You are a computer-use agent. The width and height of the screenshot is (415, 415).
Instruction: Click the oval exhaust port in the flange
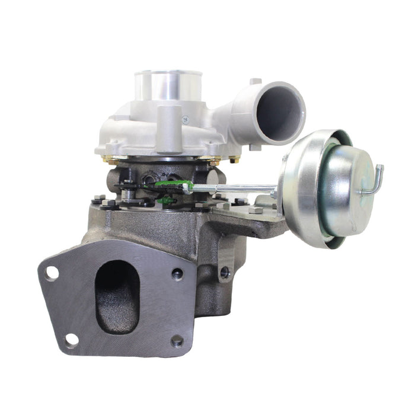pos(117,295)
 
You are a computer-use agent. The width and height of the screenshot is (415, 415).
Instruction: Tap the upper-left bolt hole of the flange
pos(52,273)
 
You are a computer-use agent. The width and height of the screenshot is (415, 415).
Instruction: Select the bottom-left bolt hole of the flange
pos(71,340)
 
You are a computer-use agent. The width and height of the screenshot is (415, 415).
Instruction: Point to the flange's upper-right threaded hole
pos(177,274)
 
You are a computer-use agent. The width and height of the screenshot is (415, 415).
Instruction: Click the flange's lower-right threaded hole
pos(177,340)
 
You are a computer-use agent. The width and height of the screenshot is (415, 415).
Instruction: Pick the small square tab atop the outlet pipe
pos(255,81)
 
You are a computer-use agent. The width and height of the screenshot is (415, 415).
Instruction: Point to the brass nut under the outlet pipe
pos(234,159)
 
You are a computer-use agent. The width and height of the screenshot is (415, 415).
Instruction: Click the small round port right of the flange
pos(224,273)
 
